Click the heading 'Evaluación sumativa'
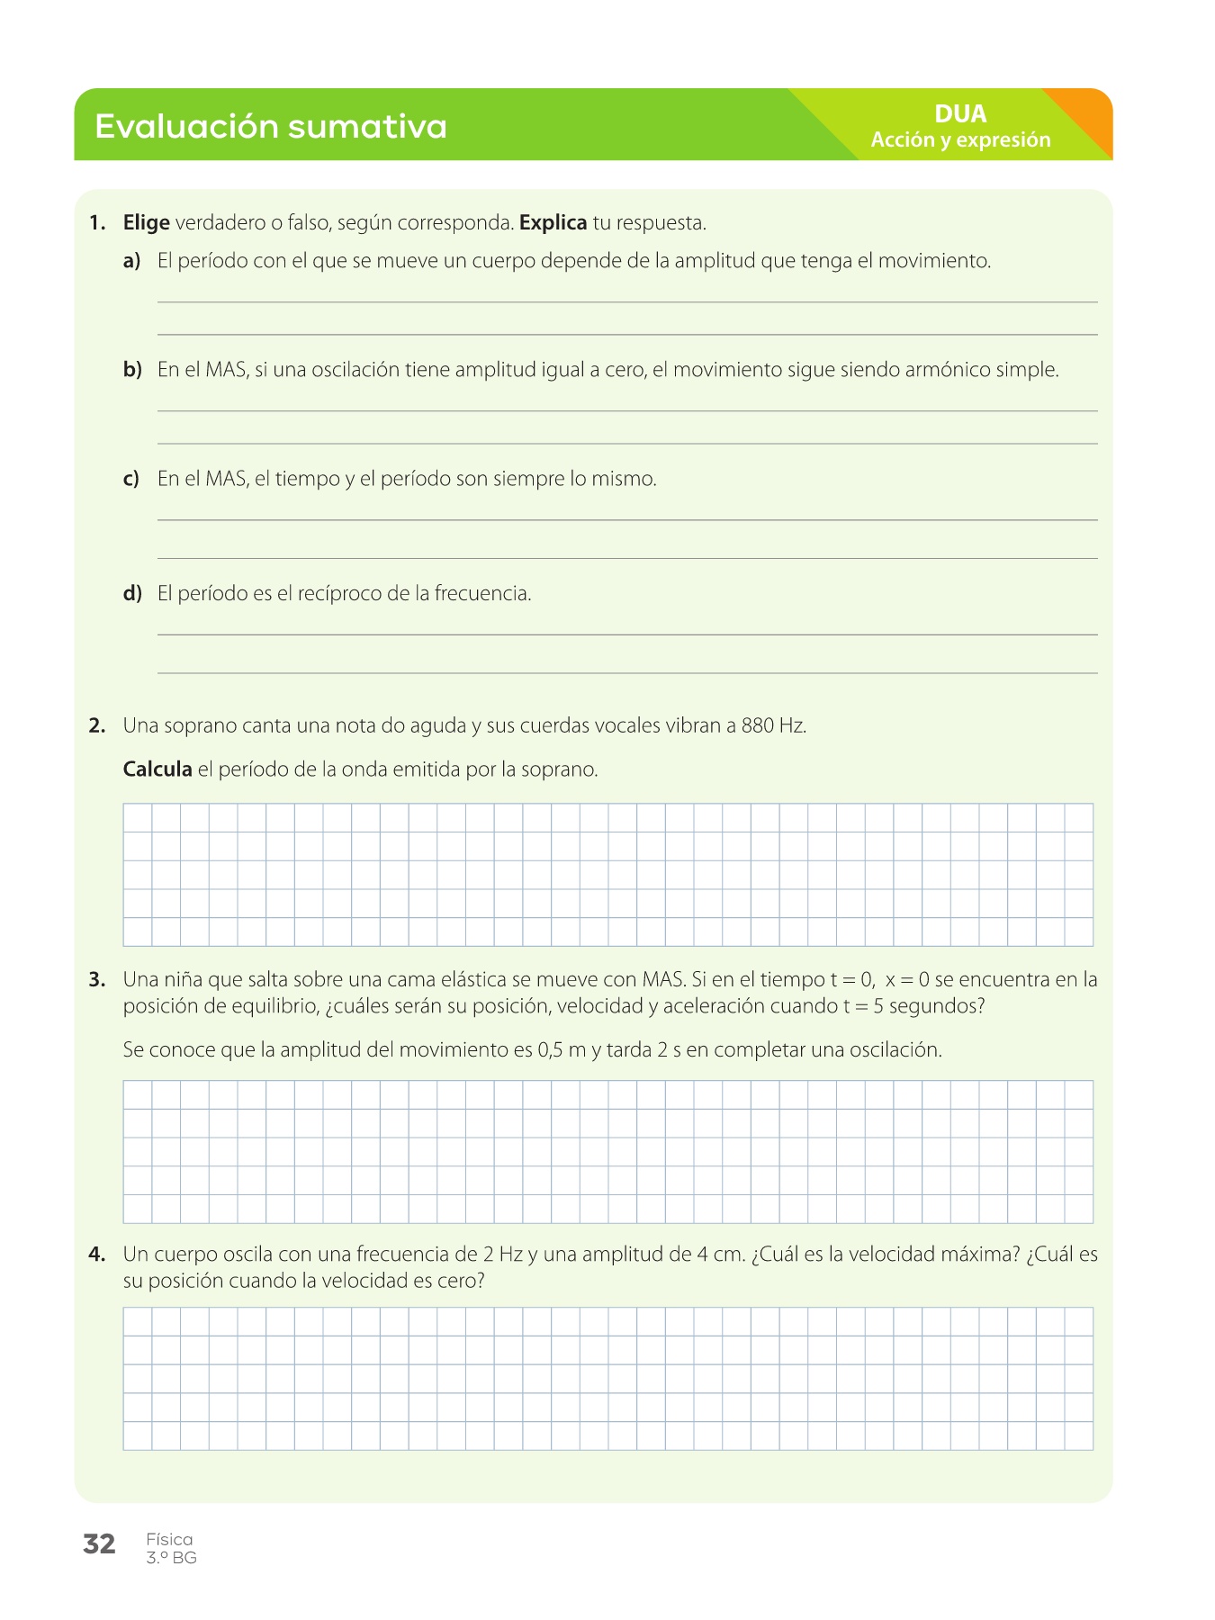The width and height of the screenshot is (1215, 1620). pyautogui.click(x=270, y=126)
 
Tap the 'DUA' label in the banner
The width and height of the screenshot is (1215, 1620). pyautogui.click(x=960, y=114)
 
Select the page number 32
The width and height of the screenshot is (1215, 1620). pyautogui.click(x=99, y=1543)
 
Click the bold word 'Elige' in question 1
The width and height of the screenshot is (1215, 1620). pyautogui.click(x=147, y=222)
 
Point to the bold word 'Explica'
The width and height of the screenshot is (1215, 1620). pyautogui.click(x=553, y=222)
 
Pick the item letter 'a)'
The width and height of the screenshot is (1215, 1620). pyautogui.click(x=132, y=261)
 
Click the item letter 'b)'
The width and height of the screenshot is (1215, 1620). pyautogui.click(x=132, y=370)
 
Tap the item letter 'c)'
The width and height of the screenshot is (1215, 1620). pyautogui.click(x=131, y=479)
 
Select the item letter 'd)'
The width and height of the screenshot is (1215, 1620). pyautogui.click(x=132, y=593)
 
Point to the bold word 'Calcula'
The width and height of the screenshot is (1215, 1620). pyautogui.click(x=157, y=769)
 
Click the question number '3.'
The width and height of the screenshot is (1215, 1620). pyautogui.click(x=97, y=979)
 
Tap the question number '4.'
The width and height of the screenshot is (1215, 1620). pyautogui.click(x=97, y=1254)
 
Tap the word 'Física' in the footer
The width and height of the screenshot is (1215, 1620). pyautogui.click(x=169, y=1539)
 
